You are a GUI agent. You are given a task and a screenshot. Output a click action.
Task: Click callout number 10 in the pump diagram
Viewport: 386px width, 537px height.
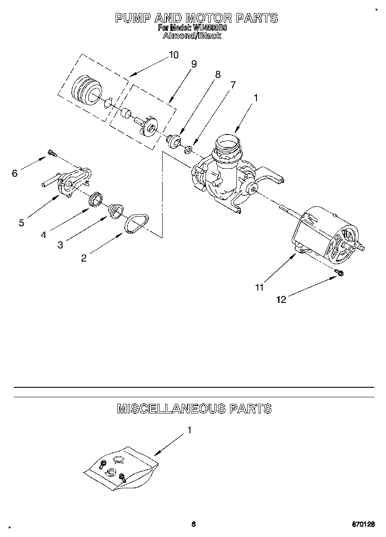tap(173, 55)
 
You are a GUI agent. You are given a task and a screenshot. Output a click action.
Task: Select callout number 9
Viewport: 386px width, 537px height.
tap(193, 64)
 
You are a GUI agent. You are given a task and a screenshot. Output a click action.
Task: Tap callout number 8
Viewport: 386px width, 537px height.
tap(217, 74)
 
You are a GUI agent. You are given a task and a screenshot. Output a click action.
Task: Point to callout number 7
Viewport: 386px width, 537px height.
tap(233, 85)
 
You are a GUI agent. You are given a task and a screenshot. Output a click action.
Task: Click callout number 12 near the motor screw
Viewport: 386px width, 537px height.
tap(281, 299)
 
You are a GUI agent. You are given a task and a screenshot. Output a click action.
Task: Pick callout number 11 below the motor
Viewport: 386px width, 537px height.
tap(259, 287)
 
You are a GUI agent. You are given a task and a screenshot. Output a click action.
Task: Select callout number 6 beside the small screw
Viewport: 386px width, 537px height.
tap(14, 173)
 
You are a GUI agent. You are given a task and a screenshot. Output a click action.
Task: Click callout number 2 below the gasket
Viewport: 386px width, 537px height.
tap(83, 258)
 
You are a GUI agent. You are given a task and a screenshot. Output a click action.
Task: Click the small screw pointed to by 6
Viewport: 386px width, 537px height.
tap(52, 153)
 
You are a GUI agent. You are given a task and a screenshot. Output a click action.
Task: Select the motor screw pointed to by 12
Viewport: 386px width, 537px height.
tap(339, 272)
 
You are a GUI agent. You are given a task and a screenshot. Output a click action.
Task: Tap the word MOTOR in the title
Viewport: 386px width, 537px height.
tap(209, 18)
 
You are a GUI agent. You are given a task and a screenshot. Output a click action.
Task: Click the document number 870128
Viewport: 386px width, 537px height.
tap(363, 525)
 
